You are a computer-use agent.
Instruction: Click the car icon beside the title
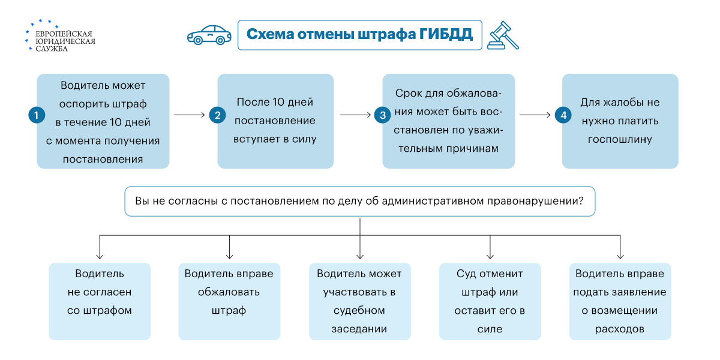[x=209, y=35]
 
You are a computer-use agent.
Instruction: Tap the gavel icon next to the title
[x=503, y=35]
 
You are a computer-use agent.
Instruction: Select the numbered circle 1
[x=37, y=115]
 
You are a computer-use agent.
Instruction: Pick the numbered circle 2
[x=217, y=115]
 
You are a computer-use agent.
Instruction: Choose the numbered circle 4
[x=562, y=115]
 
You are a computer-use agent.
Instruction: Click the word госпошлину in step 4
[x=620, y=139]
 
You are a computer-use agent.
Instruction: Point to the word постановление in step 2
[x=275, y=121]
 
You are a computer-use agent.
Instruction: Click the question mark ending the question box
[x=581, y=201]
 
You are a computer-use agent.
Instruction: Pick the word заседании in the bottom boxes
[x=359, y=329]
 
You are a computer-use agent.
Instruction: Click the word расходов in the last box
[x=620, y=329]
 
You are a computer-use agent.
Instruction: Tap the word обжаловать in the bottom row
[x=229, y=292]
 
